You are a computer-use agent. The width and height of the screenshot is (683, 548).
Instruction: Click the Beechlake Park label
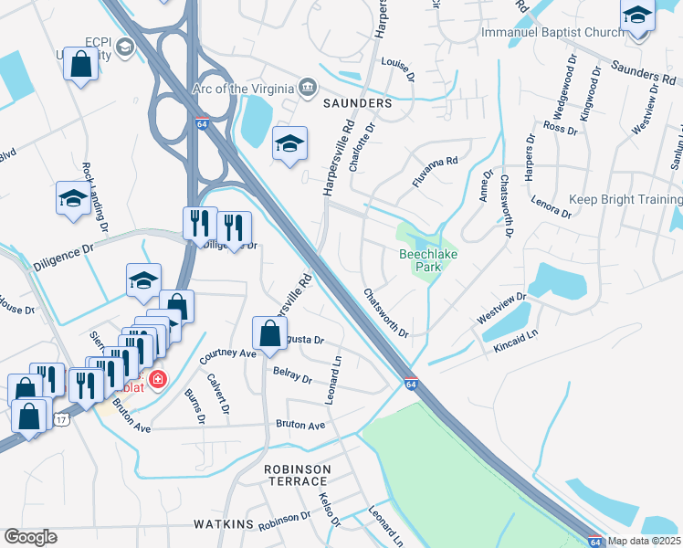coord(421,261)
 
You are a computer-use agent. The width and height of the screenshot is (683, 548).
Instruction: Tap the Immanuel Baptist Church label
coord(552,34)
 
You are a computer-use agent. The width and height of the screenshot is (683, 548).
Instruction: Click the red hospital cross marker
coord(157,377)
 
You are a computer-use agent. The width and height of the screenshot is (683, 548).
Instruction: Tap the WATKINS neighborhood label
coord(222,524)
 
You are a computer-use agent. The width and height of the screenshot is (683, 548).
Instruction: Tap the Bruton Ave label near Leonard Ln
coord(301,426)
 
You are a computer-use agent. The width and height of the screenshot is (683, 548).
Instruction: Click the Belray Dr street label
coord(292,374)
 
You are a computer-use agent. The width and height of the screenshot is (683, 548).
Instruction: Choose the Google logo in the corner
coord(30,537)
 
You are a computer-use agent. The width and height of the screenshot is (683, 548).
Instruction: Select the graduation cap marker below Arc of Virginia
coord(289,144)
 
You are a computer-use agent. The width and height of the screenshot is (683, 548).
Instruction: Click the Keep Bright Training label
coord(625,200)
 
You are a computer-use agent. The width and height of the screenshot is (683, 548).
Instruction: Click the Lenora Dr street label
coord(552,206)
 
